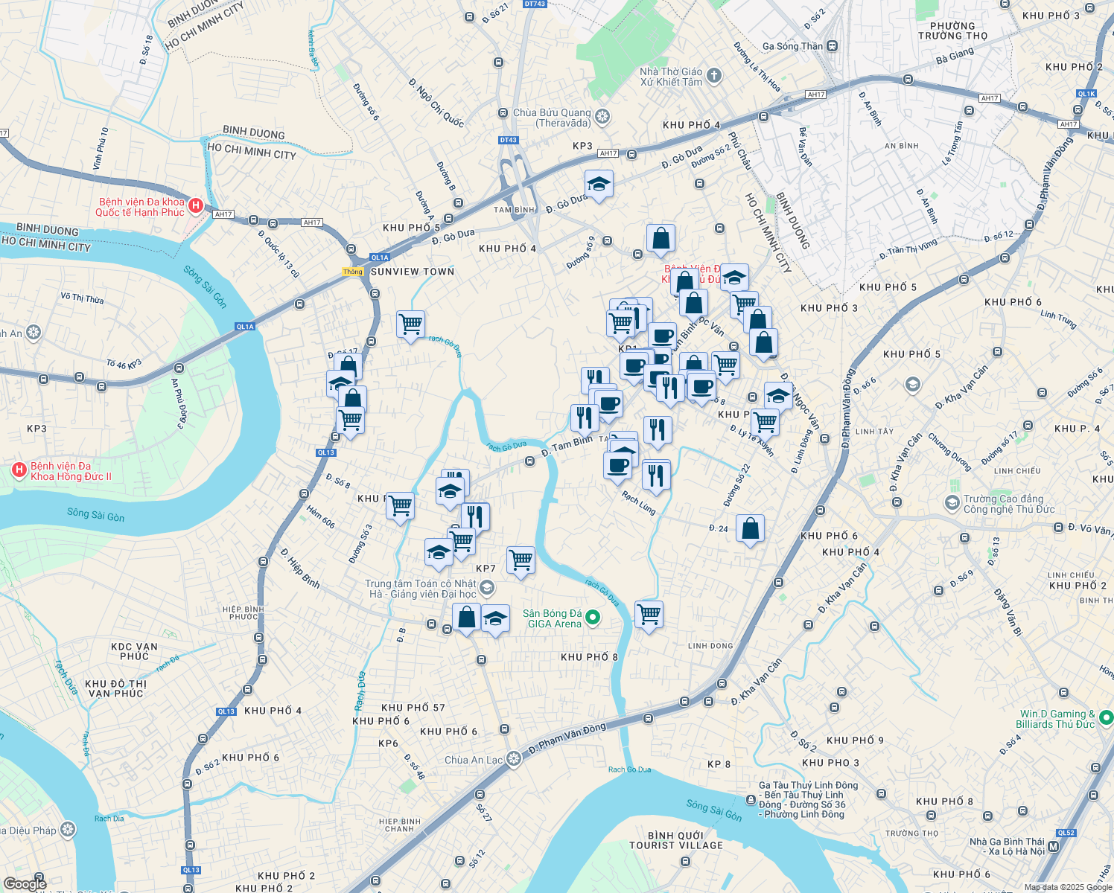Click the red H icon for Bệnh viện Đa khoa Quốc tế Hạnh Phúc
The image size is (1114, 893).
(196, 205)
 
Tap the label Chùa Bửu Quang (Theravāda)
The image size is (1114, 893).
(552, 118)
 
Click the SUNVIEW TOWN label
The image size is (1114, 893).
(413, 272)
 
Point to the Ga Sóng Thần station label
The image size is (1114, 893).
(792, 46)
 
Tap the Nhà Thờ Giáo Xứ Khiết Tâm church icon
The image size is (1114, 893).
(714, 75)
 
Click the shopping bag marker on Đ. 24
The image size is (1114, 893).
(751, 529)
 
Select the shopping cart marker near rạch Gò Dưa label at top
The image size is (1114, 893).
(410, 324)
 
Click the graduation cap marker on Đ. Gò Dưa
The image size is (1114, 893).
(599, 183)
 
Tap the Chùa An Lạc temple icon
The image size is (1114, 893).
(513, 759)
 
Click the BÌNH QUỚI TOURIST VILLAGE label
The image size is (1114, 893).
(676, 840)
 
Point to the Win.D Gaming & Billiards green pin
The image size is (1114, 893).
(1106, 718)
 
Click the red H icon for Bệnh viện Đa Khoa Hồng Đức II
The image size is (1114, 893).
(19, 470)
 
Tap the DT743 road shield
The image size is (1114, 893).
(535, 4)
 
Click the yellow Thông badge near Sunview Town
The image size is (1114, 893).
(353, 272)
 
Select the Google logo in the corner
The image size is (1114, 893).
(25, 883)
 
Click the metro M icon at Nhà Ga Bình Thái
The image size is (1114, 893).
(1053, 846)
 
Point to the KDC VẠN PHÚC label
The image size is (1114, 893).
(134, 651)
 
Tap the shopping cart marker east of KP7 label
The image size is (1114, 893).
(521, 560)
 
